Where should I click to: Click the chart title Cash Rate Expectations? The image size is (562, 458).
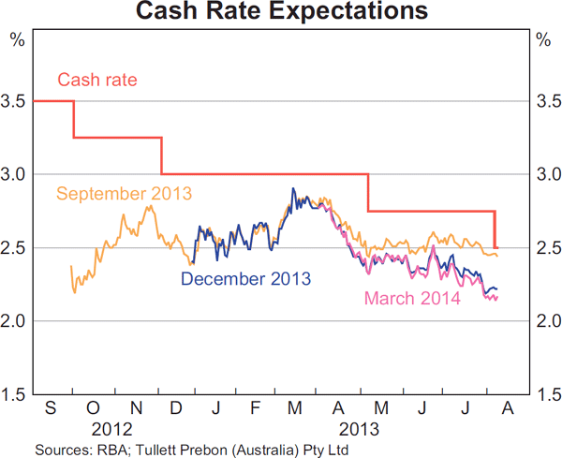click(281, 12)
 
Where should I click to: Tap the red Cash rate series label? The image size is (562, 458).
click(97, 80)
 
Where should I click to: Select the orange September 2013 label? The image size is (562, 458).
click(124, 194)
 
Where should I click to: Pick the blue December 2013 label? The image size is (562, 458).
click(245, 279)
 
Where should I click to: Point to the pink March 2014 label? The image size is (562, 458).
click(412, 300)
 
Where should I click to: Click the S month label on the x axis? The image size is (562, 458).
click(52, 410)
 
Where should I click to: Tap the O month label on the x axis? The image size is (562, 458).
click(93, 410)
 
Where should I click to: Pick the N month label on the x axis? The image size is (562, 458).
click(134, 410)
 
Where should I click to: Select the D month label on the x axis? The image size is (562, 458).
click(174, 410)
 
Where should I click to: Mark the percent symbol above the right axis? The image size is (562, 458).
click(542, 39)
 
